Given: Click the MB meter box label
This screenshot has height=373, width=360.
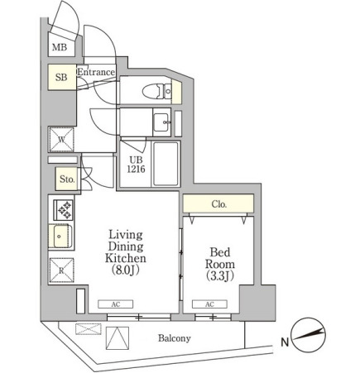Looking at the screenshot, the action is [60, 47].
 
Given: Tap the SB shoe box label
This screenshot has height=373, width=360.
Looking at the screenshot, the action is [61, 77].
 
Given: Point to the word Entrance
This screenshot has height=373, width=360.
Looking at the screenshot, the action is [96, 72].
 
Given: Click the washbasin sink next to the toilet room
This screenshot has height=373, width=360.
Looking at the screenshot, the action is [162, 122].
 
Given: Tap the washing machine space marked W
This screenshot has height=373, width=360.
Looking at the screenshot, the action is [61, 140].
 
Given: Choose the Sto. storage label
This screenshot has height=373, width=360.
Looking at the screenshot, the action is [67, 179].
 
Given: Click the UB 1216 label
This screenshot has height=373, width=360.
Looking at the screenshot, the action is [136, 165].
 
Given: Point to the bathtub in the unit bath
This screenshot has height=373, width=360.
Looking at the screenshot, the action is [166, 164].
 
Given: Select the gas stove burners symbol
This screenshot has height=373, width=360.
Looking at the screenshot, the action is [64, 210].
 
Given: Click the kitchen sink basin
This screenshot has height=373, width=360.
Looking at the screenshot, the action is [61, 237].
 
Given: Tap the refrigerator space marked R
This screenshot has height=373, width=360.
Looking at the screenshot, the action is [61, 270].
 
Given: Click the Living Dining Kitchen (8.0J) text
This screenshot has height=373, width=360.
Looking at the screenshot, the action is [126, 252].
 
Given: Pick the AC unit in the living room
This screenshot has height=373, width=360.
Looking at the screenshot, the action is [116, 304].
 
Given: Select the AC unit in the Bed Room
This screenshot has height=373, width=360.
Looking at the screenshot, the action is [209, 304].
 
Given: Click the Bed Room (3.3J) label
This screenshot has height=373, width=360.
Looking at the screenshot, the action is [220, 264].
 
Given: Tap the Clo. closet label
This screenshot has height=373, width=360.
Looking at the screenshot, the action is [219, 204].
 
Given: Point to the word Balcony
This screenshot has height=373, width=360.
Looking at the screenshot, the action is [175, 338].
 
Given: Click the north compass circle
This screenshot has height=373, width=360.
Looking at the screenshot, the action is [309, 335].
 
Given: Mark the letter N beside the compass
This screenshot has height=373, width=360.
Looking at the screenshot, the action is [285, 342].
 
